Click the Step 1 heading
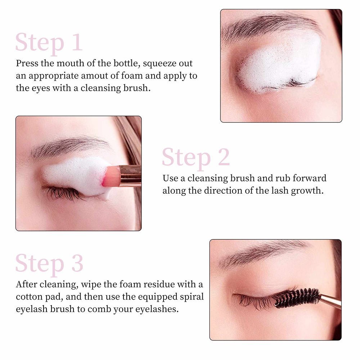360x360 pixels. click(x=49, y=43)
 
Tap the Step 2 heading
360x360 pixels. click(x=196, y=158)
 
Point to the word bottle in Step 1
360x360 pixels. click(x=127, y=63)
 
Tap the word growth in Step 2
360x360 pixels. click(x=307, y=191)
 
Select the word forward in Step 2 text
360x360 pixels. click(x=310, y=178)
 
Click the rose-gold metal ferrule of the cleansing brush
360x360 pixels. click(x=130, y=175)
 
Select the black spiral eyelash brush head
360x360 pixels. click(x=297, y=298)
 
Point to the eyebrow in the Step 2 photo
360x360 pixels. click(x=69, y=147)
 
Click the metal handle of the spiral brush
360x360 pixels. click(x=330, y=300)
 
